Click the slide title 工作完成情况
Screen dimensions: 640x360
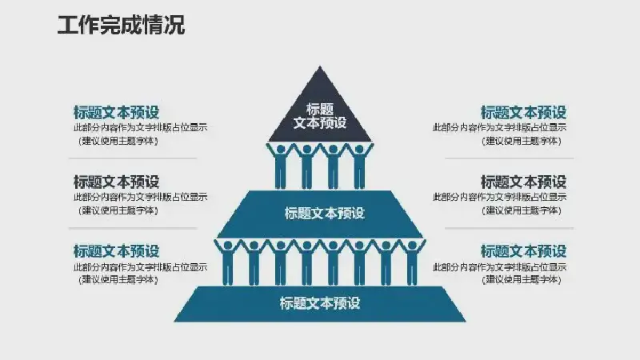(121, 25)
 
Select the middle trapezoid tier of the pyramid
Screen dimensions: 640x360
(321, 214)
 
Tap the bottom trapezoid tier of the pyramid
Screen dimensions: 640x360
(320, 304)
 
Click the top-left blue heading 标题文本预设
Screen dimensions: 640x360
(116, 112)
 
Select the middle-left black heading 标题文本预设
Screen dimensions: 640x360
(116, 182)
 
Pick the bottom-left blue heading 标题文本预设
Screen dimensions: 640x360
(116, 251)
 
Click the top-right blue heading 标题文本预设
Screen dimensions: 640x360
(523, 112)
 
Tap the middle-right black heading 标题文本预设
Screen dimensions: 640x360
(523, 182)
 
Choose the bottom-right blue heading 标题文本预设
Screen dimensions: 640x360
(523, 251)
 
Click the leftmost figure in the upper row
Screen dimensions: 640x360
(281, 166)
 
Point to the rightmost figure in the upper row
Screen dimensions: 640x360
(359, 166)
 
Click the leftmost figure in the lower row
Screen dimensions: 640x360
(228, 262)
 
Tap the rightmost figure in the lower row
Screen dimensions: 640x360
(412, 262)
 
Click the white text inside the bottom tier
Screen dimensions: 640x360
(320, 303)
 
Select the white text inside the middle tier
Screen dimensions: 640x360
(324, 213)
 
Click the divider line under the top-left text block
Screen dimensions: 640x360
(133, 158)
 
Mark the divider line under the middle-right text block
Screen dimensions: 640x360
(509, 228)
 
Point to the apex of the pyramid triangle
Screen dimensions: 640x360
(320, 66)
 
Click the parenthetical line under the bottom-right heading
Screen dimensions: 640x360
(522, 279)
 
